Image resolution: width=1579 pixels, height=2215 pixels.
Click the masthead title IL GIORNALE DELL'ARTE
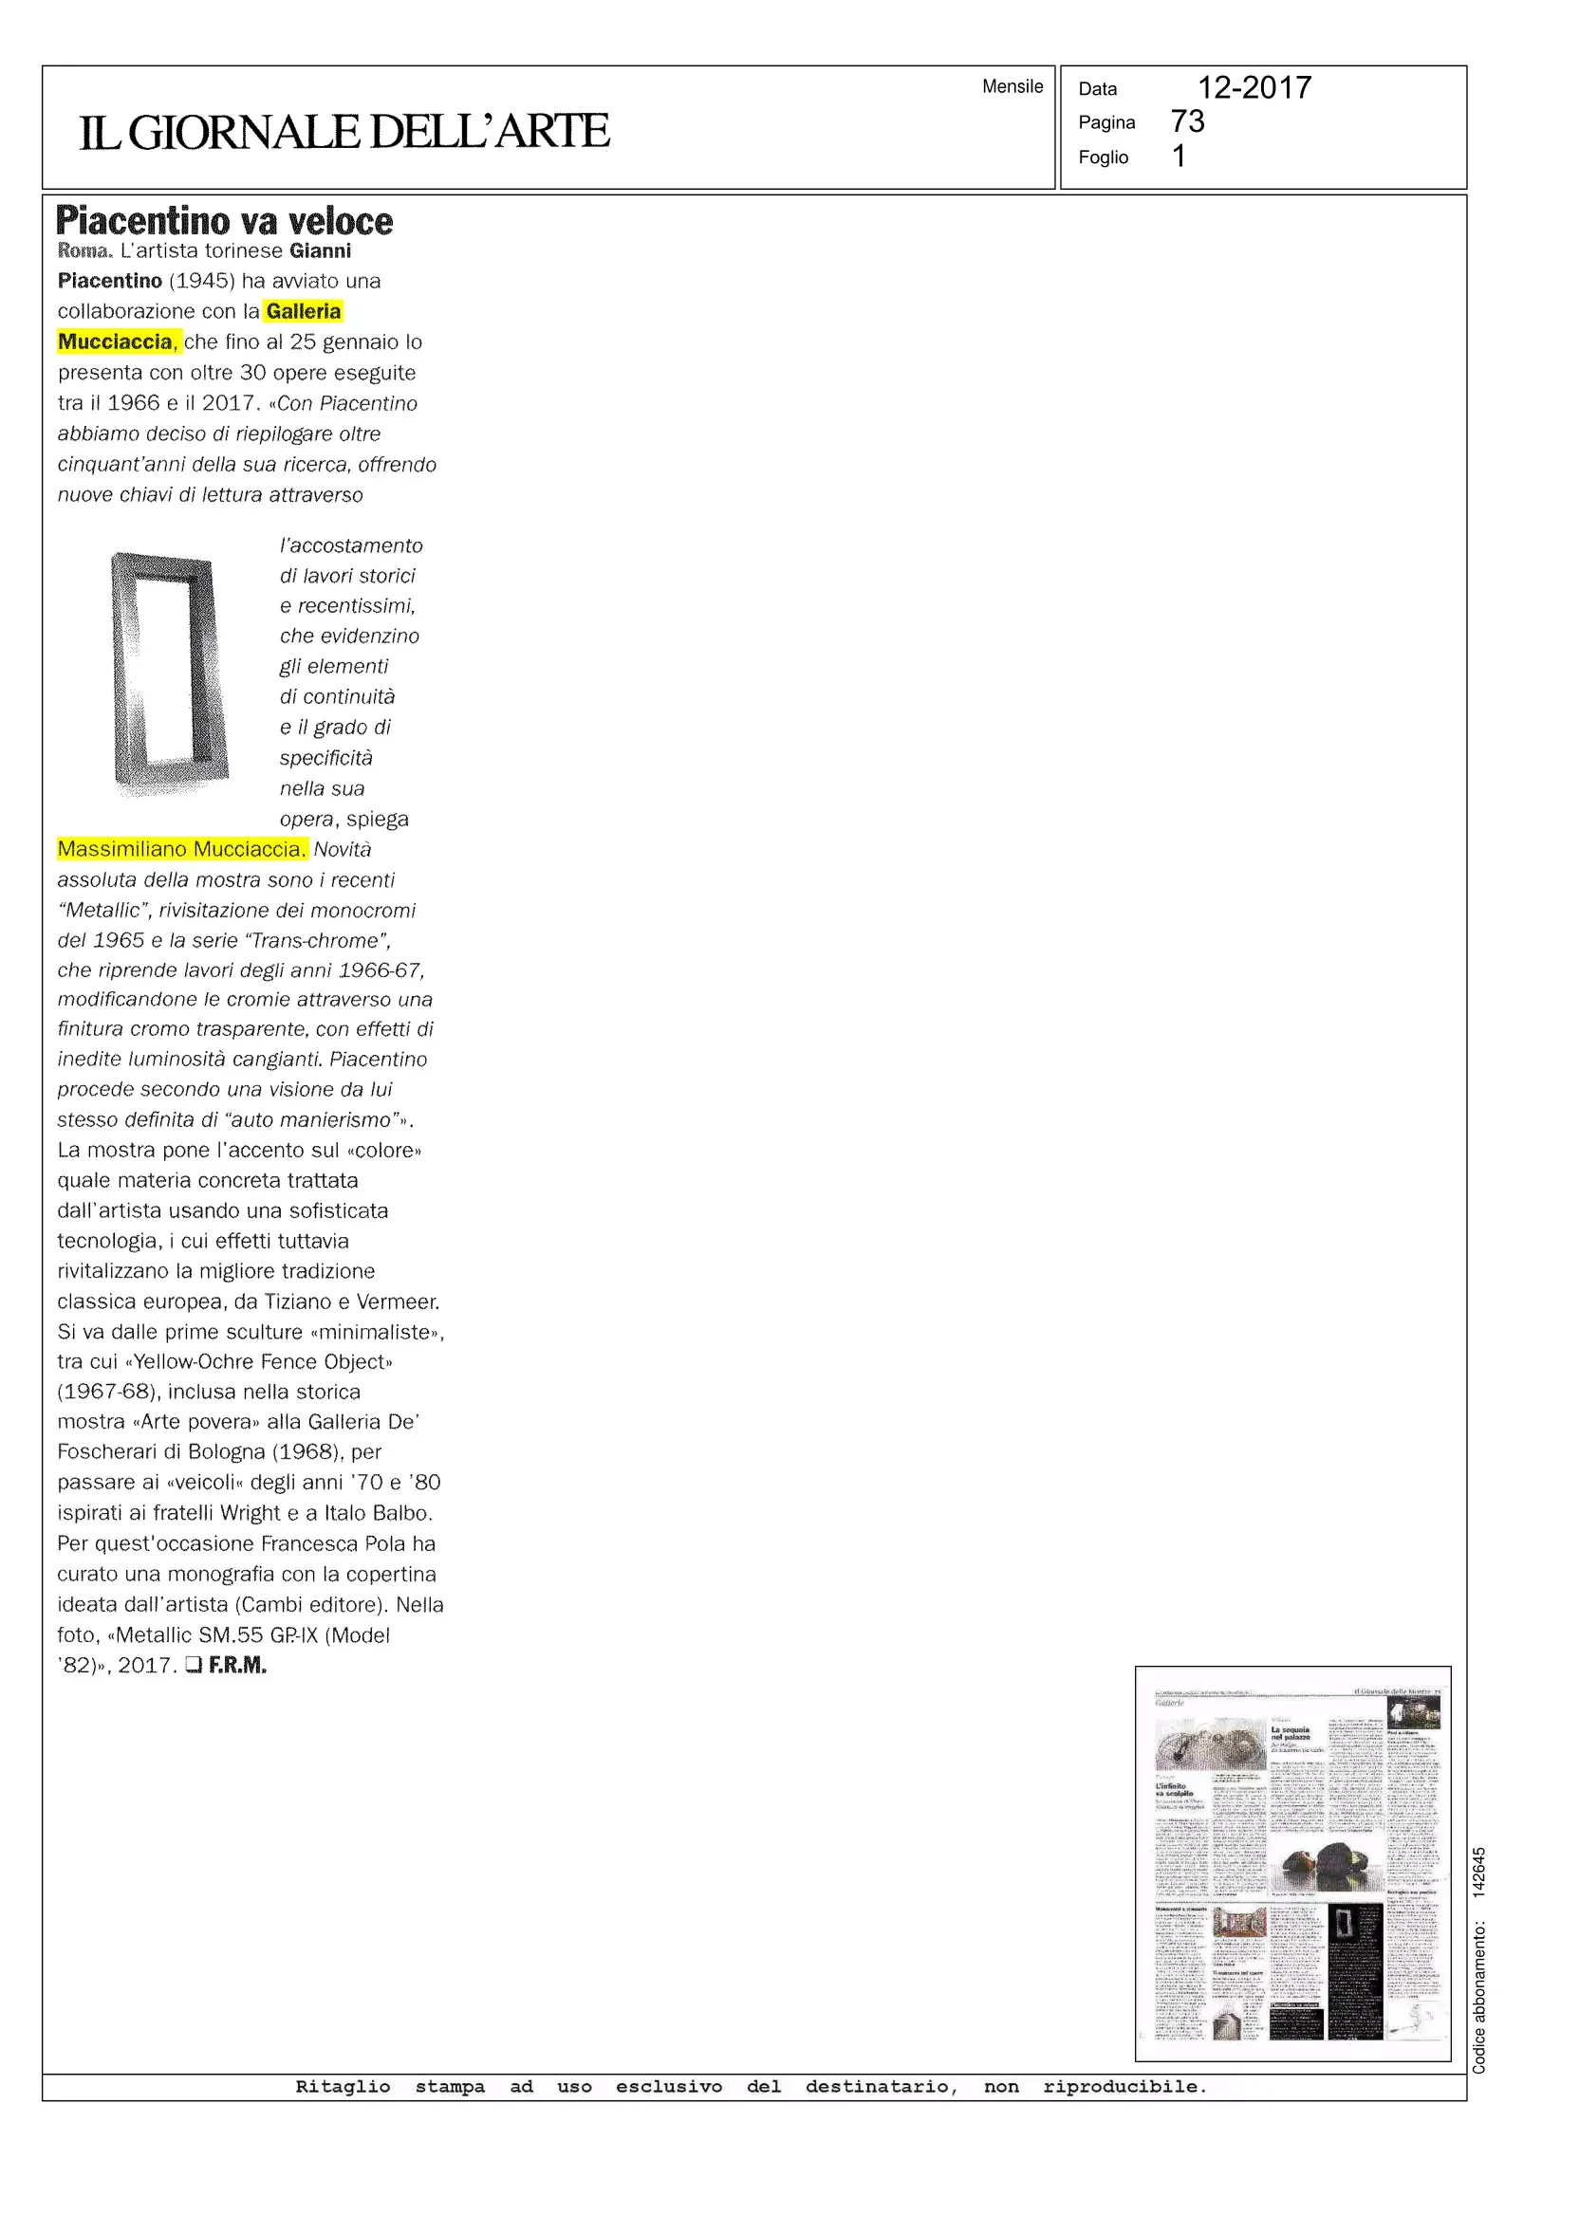point(344,131)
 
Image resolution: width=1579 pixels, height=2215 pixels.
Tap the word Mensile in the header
point(1012,86)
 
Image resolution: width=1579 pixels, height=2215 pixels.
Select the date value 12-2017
point(1254,87)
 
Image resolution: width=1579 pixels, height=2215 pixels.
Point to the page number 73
point(1187,121)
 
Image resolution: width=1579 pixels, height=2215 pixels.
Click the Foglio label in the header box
point(1103,157)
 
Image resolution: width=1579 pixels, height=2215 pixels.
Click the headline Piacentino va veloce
point(225,222)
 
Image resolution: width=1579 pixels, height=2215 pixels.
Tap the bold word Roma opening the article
point(84,250)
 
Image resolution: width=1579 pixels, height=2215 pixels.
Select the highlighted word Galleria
point(304,311)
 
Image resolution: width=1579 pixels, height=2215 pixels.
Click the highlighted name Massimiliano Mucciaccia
point(182,849)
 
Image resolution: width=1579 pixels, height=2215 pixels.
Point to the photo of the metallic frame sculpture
point(169,673)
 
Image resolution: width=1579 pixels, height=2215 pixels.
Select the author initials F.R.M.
point(237,1666)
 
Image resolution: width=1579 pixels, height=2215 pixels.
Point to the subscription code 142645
point(1477,1871)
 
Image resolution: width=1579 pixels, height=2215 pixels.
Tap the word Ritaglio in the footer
point(343,2087)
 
